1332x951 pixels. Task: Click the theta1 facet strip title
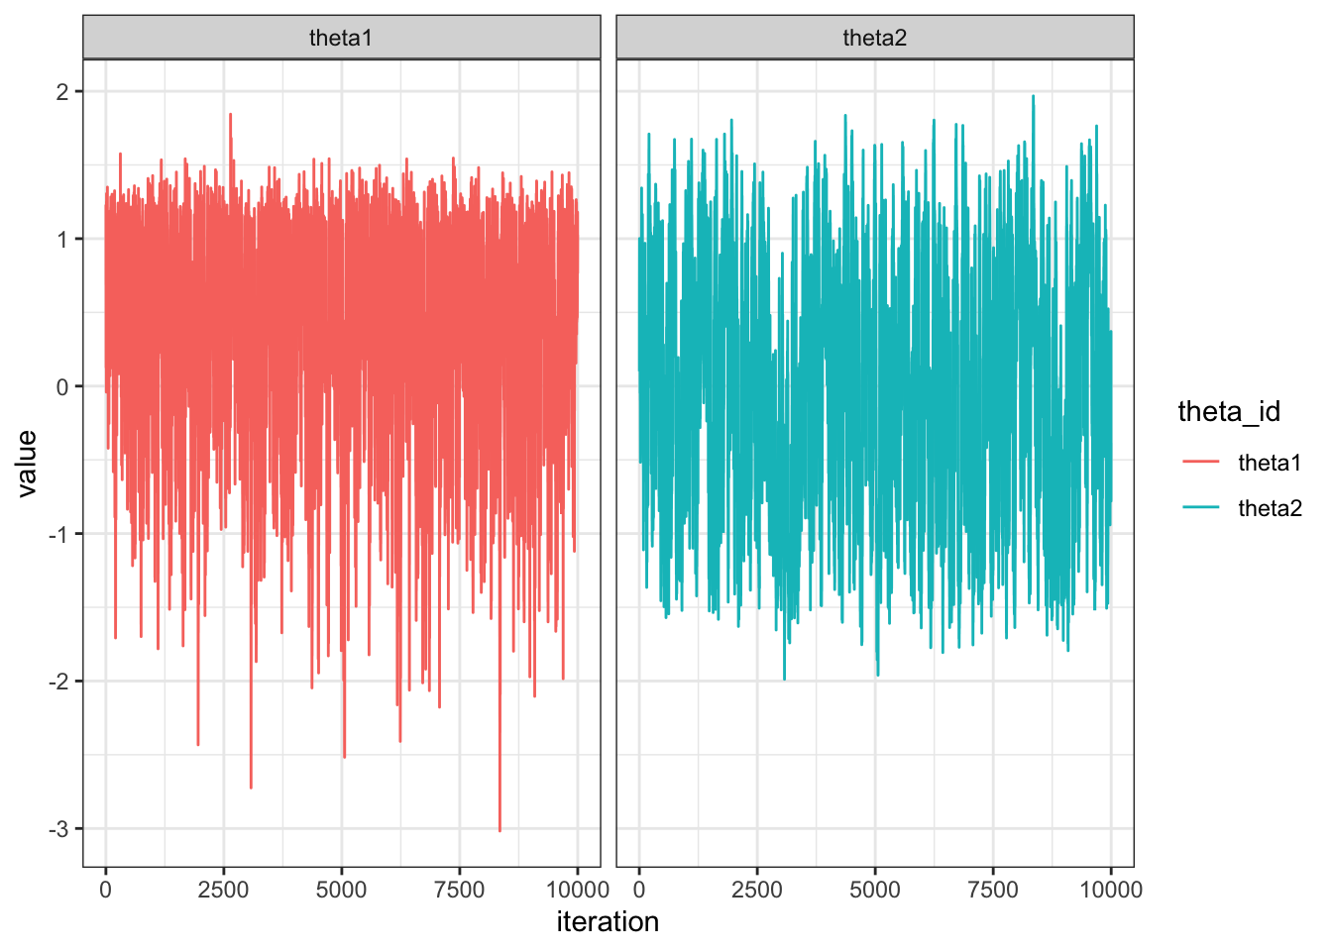pyautogui.click(x=341, y=38)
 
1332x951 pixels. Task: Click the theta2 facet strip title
pyautogui.click(x=875, y=38)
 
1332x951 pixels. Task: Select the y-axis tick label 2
pyautogui.click(x=62, y=92)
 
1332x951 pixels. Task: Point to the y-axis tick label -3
pyautogui.click(x=58, y=829)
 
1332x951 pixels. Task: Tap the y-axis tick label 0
pyautogui.click(x=62, y=387)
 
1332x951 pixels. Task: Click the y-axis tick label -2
pyautogui.click(x=58, y=682)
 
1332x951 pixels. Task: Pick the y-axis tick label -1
pyautogui.click(x=58, y=535)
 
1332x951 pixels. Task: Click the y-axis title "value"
pyautogui.click(x=27, y=463)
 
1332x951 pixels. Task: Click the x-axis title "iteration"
pyautogui.click(x=608, y=922)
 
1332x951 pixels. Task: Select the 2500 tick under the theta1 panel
pyautogui.click(x=223, y=890)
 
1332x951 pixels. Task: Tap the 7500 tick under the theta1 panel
pyautogui.click(x=459, y=890)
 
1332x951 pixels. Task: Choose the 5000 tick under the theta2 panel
pyautogui.click(x=875, y=890)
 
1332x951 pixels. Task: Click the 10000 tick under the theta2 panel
pyautogui.click(x=1111, y=890)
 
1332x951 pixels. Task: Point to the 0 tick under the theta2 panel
pyautogui.click(x=639, y=890)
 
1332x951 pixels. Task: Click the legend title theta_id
pyautogui.click(x=1229, y=411)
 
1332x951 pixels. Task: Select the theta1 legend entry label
pyautogui.click(x=1270, y=463)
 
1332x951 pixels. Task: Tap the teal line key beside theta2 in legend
pyautogui.click(x=1201, y=508)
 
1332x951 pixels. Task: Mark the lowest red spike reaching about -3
pyautogui.click(x=499, y=830)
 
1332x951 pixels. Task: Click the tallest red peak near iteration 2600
pyautogui.click(x=230, y=114)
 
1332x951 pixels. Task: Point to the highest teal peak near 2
pyautogui.click(x=1033, y=96)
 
